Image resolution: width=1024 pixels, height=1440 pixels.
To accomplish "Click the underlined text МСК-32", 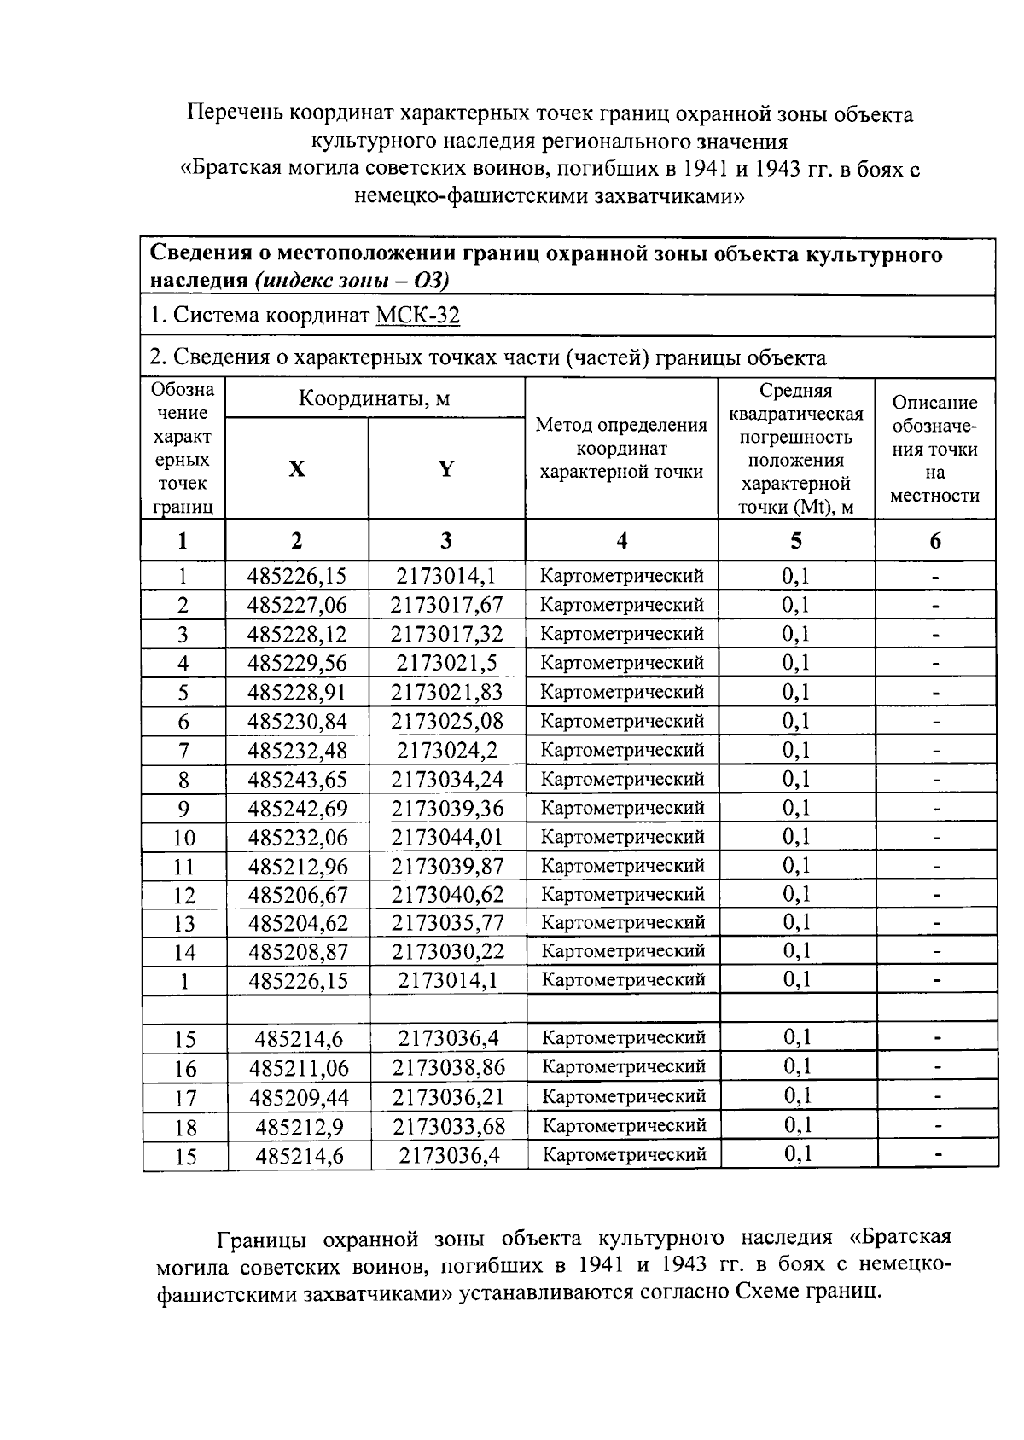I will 417,316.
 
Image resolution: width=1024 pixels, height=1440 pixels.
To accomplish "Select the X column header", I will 296,468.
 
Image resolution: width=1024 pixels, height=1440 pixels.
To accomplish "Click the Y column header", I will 446,468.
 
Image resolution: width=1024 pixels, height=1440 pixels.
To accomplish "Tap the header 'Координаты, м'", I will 374,398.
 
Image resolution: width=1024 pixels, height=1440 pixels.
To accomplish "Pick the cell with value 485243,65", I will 297,780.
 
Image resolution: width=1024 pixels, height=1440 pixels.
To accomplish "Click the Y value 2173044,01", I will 447,837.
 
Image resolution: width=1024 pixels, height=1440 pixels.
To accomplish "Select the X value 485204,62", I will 297,923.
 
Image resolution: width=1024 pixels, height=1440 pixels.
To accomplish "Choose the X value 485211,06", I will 299,1068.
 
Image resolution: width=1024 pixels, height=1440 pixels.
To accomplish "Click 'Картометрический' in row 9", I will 623,808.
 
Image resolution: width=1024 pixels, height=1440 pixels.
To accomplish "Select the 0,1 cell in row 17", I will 797,1097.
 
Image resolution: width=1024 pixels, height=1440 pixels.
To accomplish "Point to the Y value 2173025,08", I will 447,722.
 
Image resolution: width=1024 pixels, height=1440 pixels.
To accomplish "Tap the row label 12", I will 184,896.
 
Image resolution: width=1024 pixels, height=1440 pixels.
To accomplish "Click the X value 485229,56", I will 297,664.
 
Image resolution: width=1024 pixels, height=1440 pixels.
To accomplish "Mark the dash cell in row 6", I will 936,722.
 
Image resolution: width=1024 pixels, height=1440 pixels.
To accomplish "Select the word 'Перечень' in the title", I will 235,114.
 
